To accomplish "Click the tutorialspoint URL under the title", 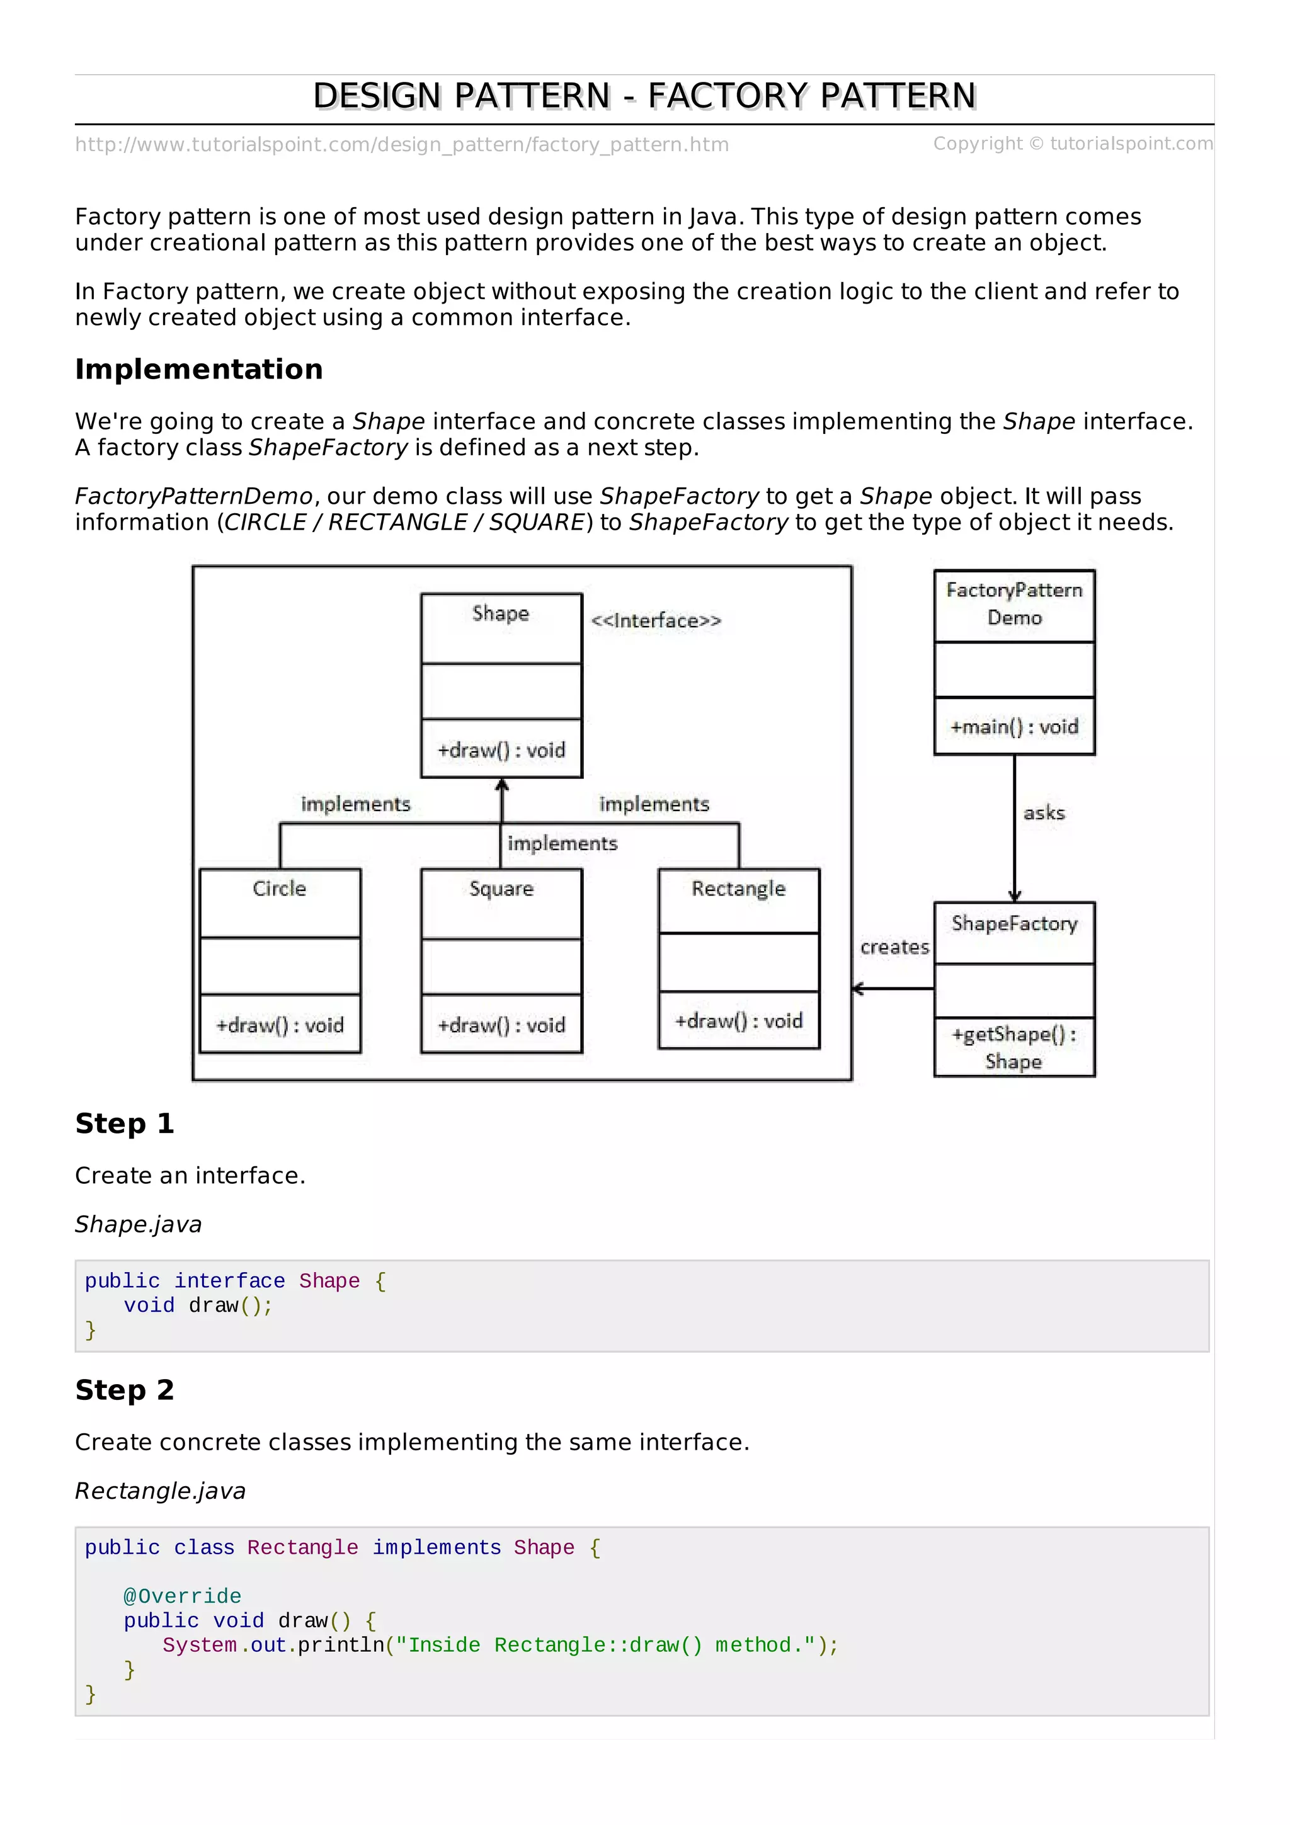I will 401,145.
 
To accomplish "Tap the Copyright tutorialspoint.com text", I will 1072,144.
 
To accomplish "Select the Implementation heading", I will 198,370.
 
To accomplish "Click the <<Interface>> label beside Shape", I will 656,621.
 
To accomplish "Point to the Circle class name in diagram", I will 279,889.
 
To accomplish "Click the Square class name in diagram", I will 501,889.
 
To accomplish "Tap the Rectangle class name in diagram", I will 738,889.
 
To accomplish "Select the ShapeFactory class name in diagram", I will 1014,924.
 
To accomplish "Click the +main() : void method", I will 1014,727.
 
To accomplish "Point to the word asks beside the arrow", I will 1044,813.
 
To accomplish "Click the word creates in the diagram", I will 894,948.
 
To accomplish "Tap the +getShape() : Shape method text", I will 1014,1048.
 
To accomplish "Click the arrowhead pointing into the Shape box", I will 501,786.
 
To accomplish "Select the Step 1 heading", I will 125,1124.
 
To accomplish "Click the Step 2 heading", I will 125,1390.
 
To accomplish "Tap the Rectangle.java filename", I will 160,1491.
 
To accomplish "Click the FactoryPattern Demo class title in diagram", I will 1014,604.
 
